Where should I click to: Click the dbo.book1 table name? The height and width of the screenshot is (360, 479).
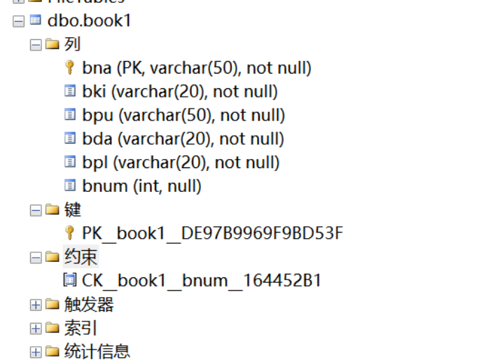[89, 20]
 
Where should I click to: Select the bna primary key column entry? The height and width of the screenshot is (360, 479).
[196, 68]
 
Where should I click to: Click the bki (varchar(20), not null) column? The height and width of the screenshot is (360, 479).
[179, 92]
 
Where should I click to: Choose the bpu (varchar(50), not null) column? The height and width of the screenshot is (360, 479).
[183, 116]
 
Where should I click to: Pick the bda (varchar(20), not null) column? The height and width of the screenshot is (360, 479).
[183, 139]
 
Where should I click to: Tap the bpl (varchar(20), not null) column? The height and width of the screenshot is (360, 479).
[181, 163]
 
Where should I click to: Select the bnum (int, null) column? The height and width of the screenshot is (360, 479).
[141, 186]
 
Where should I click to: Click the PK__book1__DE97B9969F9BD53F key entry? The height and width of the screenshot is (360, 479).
[212, 233]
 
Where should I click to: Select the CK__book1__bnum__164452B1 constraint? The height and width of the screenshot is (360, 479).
[202, 281]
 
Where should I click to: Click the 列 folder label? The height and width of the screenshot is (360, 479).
[72, 44]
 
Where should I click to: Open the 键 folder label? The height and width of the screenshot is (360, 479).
[72, 209]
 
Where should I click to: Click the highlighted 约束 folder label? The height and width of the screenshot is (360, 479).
[80, 257]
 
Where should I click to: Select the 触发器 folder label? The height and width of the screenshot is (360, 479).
[88, 305]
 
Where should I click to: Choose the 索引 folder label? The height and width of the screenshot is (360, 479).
[80, 328]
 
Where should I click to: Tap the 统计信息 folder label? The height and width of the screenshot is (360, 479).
[97, 352]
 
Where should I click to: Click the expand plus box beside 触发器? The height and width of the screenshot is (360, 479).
[35, 305]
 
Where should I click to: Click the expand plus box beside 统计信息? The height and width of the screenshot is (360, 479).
[35, 352]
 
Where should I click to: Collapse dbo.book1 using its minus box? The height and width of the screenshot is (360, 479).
[18, 21]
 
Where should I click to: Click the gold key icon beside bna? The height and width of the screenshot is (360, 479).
[69, 68]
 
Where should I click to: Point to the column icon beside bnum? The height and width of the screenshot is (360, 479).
[69, 186]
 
